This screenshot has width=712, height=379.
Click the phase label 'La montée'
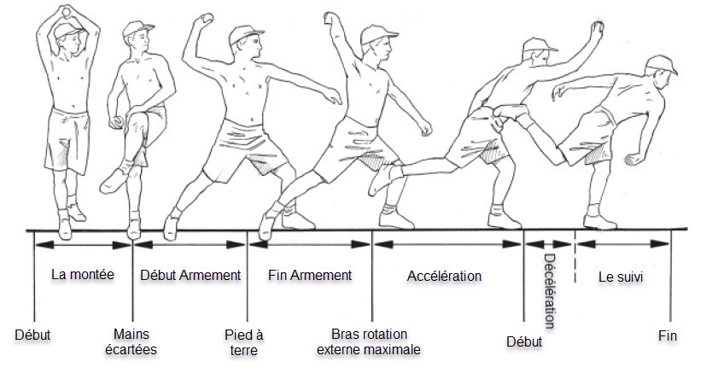click(82, 275)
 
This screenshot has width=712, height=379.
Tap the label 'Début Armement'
click(190, 275)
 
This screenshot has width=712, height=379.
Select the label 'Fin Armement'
click(310, 275)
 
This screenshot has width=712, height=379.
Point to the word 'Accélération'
click(444, 276)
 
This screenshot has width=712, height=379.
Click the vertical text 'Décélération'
click(549, 291)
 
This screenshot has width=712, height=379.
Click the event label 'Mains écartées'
click(134, 341)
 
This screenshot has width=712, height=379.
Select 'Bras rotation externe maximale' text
click(369, 341)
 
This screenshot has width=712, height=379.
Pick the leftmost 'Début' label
click(32, 335)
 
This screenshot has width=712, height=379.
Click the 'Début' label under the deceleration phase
click(524, 342)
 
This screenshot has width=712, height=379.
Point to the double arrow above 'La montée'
click(83, 244)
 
